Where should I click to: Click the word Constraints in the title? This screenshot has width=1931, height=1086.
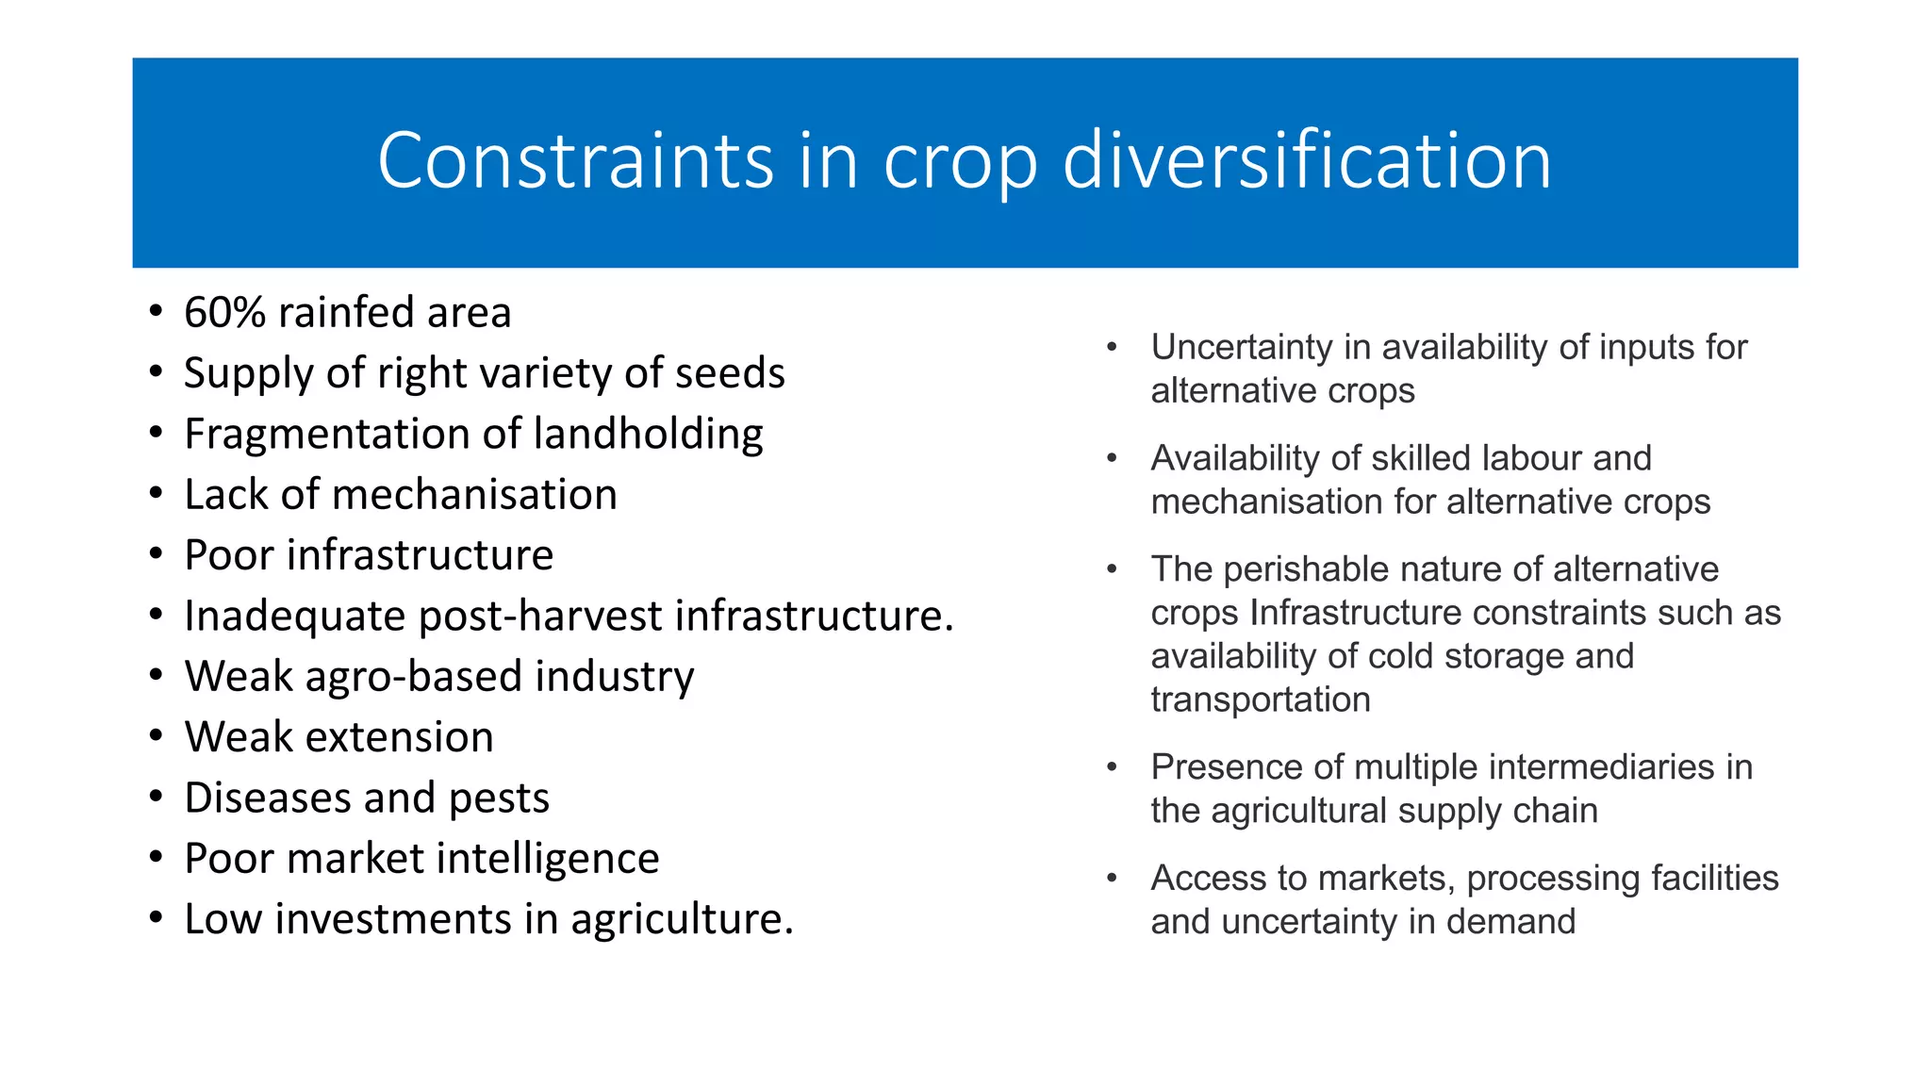click(x=575, y=161)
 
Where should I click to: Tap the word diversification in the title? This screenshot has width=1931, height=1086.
click(x=1307, y=161)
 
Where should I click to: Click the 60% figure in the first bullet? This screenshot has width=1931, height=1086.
click(x=224, y=313)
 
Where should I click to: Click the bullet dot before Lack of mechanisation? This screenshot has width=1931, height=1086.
click(x=157, y=494)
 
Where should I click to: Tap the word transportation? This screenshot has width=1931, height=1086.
click(x=1260, y=699)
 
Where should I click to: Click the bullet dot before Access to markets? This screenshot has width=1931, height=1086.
click(x=1112, y=879)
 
